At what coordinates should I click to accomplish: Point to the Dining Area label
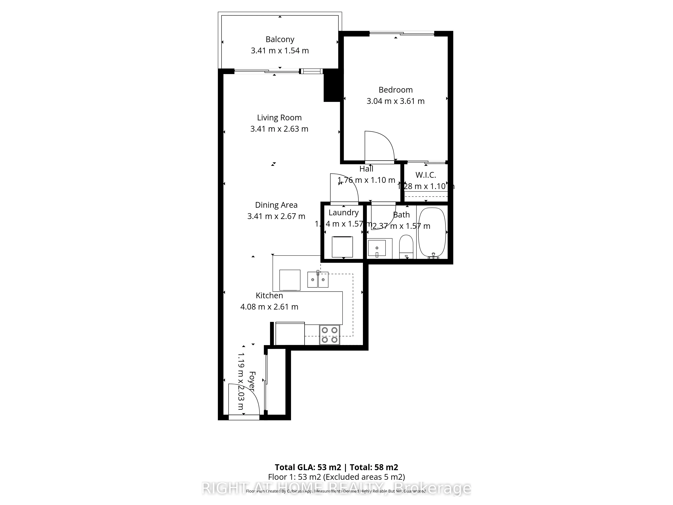pyautogui.click(x=276, y=205)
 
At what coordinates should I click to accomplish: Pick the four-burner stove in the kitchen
pyautogui.click(x=329, y=335)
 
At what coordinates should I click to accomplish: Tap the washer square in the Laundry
pyautogui.click(x=342, y=247)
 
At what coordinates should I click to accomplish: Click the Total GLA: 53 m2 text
pyautogui.click(x=308, y=467)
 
